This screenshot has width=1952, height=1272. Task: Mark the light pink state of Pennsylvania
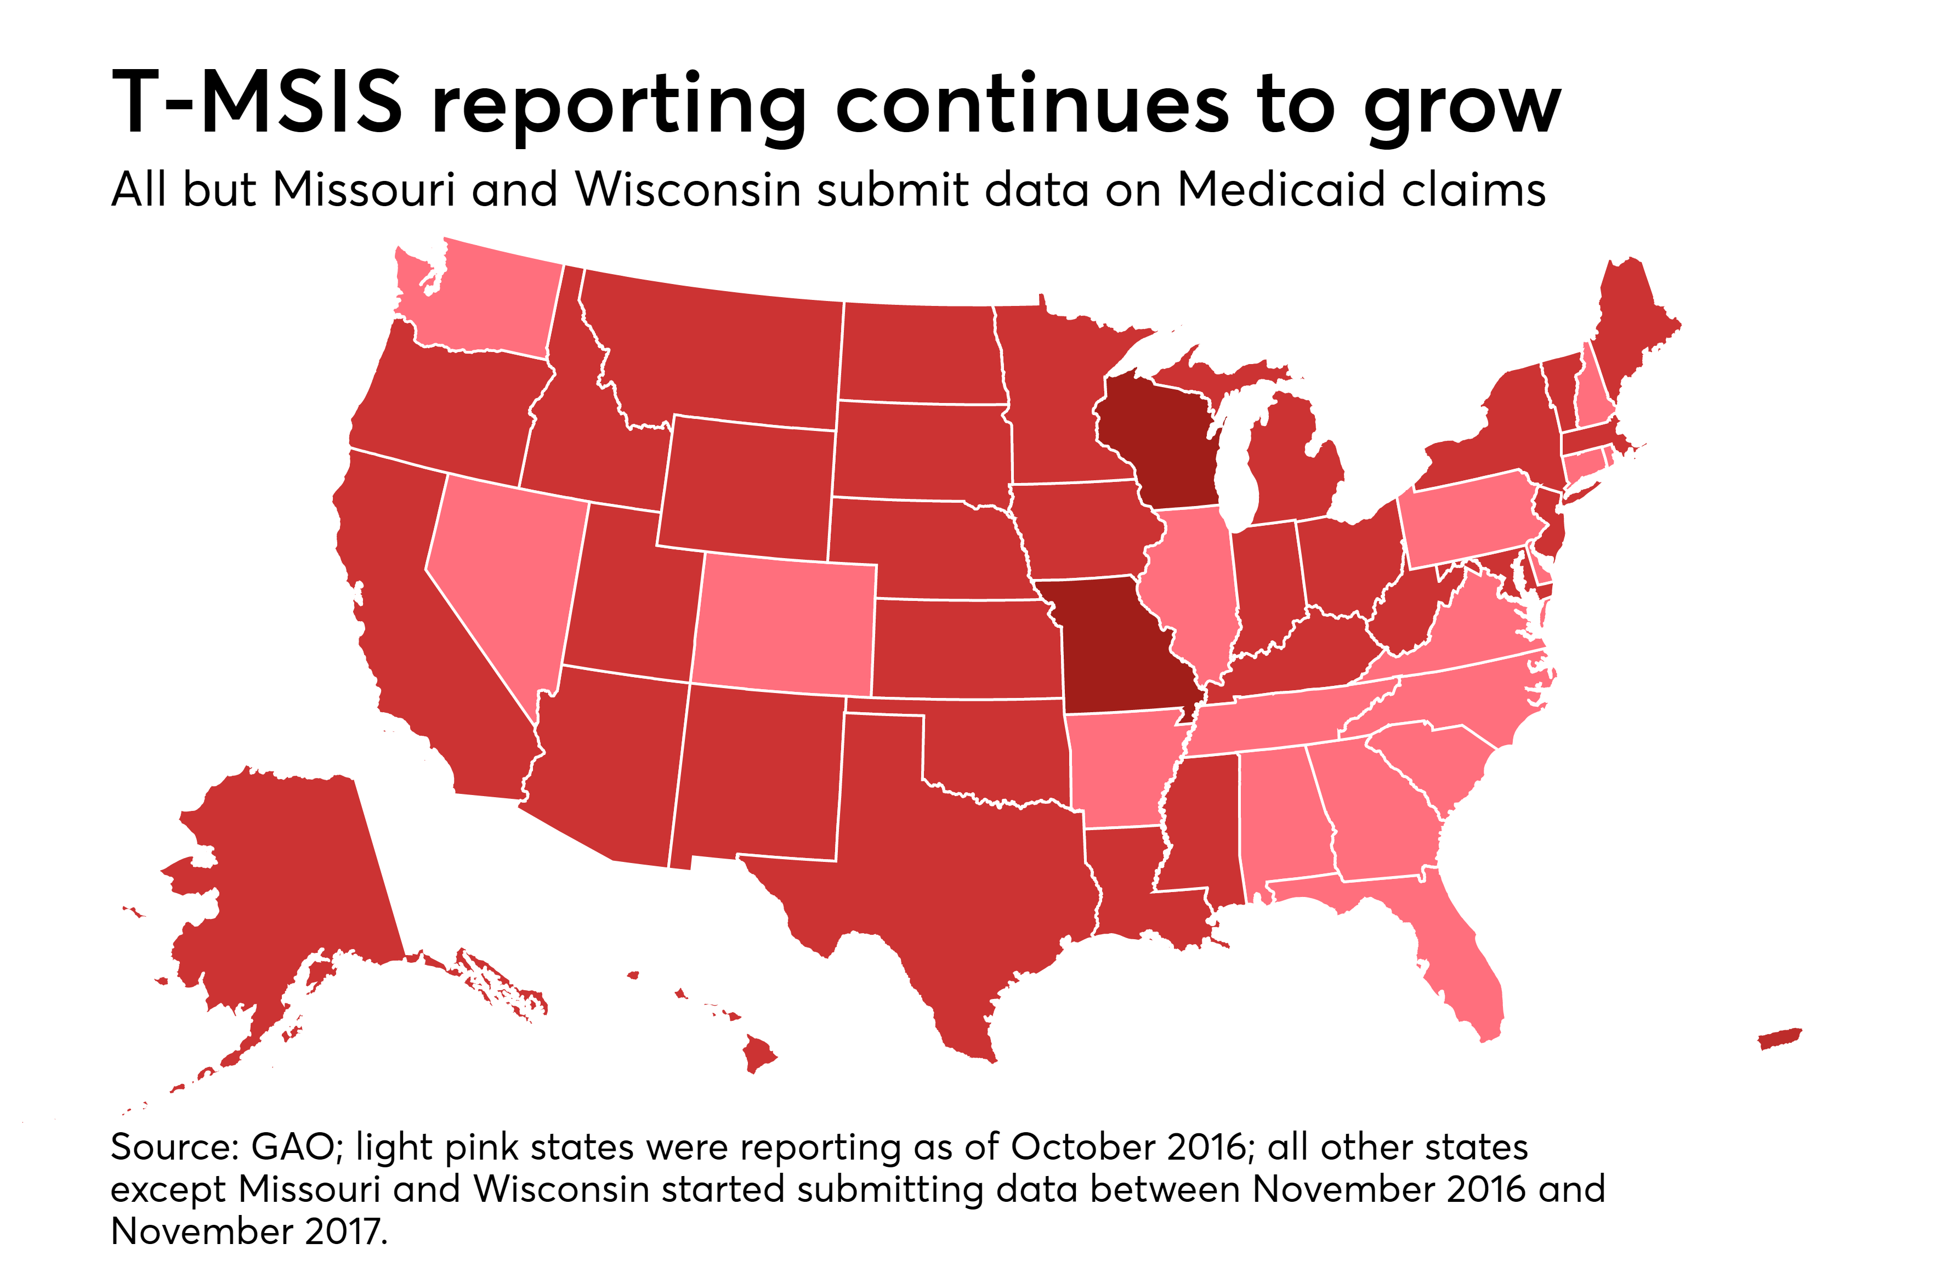(1468, 516)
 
